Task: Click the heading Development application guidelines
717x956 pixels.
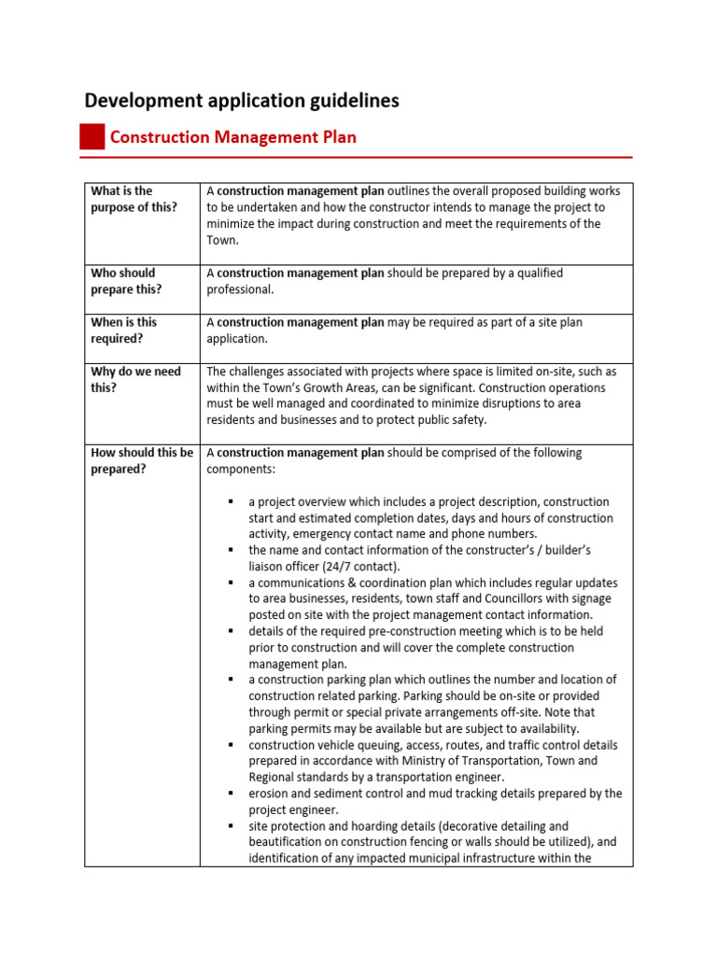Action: (242, 100)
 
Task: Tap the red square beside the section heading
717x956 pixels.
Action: (91, 137)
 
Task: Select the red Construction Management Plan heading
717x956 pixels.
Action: (232, 137)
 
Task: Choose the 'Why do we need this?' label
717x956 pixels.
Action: (136, 379)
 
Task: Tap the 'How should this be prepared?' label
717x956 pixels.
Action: (142, 460)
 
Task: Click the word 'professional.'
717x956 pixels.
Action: (240, 289)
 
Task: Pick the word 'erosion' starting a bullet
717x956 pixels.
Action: (268, 794)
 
